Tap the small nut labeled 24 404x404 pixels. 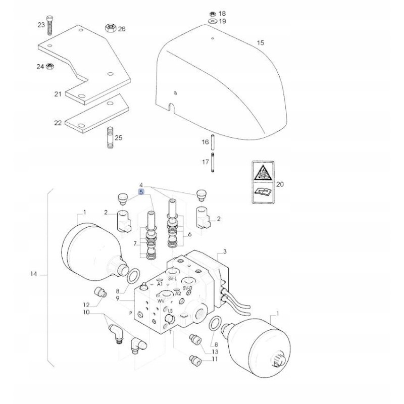[50, 66]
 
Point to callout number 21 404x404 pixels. [57, 94]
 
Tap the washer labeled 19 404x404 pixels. [212, 21]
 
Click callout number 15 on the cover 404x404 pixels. [260, 43]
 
